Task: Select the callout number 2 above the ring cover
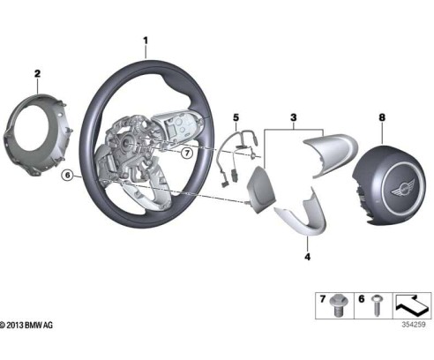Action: [x=37, y=73]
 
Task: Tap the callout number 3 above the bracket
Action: [x=294, y=117]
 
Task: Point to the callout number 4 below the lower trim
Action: [x=308, y=257]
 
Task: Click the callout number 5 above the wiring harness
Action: [x=236, y=117]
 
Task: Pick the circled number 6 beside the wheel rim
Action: [x=68, y=176]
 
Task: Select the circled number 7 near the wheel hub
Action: [x=187, y=153]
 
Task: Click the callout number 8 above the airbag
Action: [x=382, y=117]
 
